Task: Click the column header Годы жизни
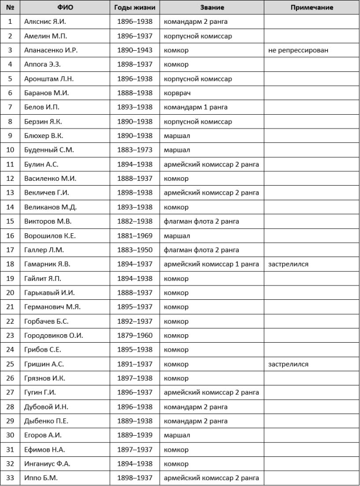coord(134,7)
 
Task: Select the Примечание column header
coord(312,7)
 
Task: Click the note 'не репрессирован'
coord(298,50)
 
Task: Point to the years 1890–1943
coord(134,50)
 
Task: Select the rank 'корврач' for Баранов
coord(177,93)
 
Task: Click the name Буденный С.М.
coord(49,150)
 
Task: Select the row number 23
coord(10,336)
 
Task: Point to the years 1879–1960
coord(134,336)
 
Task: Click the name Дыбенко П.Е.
coord(46,421)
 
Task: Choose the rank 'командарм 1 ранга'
coord(196,107)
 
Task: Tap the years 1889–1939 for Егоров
coord(134,436)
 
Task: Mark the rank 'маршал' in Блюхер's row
coord(177,136)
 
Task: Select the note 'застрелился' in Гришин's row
coord(288,364)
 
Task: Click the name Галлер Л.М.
coord(44,250)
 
